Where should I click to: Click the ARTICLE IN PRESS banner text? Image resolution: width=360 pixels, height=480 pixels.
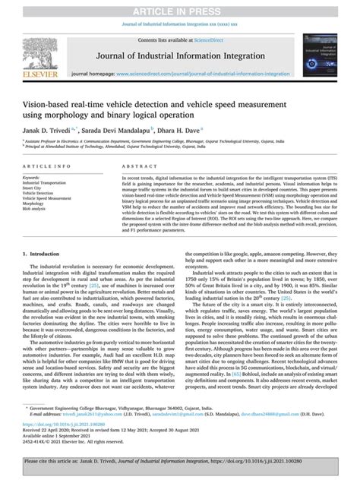coord(180,7)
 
